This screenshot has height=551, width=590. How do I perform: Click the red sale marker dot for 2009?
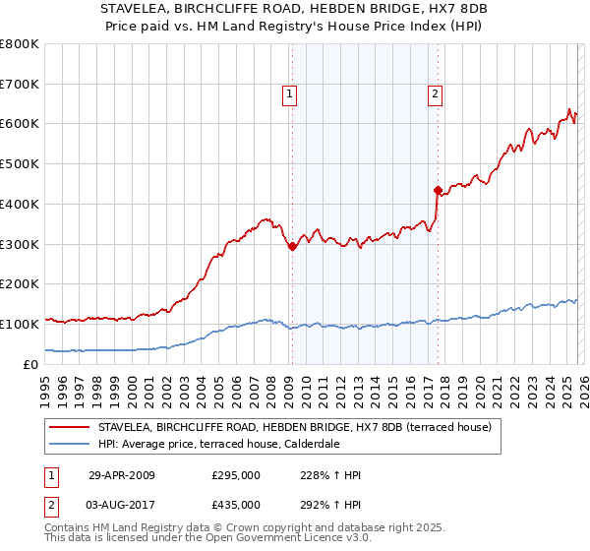[291, 247]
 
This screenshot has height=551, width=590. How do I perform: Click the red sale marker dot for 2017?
[436, 190]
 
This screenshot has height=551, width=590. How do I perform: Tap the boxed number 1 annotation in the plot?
[291, 94]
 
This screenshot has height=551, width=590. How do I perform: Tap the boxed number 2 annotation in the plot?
[436, 94]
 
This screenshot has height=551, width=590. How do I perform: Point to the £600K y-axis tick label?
[20, 124]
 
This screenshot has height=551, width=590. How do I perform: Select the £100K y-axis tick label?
[20, 324]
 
